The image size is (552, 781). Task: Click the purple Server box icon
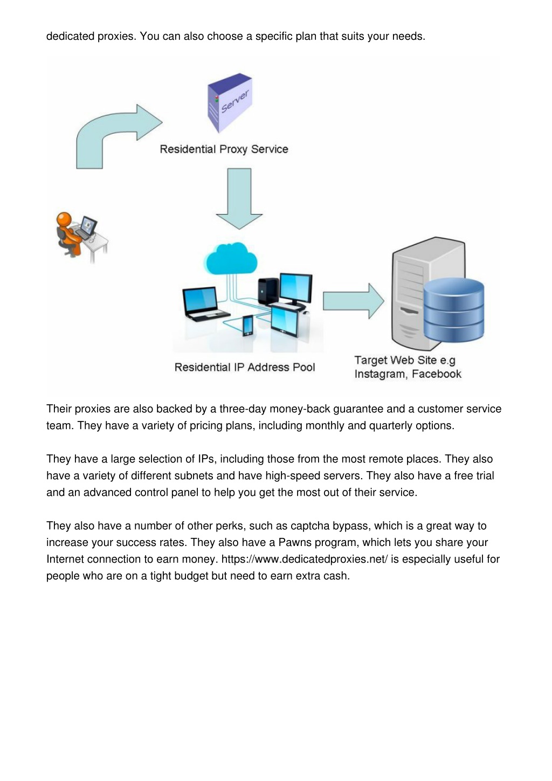point(230,102)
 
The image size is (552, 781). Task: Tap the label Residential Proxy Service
point(224,149)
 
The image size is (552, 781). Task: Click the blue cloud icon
point(232,259)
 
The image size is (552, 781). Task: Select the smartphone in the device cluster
point(248,326)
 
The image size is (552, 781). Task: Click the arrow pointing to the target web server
point(353,301)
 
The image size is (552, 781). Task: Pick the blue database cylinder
point(454,309)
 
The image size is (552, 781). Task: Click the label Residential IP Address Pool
point(245,367)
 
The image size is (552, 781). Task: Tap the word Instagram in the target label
point(381,375)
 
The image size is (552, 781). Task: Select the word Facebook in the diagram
point(436,374)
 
